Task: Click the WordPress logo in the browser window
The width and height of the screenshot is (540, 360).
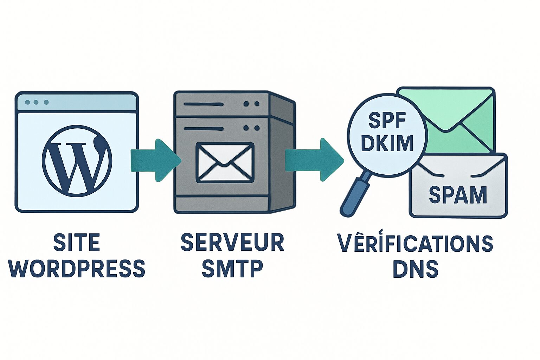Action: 77,160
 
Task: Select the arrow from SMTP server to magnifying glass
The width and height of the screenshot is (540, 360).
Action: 314,160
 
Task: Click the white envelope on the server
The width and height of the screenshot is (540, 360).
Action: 225,162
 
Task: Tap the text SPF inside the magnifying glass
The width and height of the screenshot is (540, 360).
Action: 387,121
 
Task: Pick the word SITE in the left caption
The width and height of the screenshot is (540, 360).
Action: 77,243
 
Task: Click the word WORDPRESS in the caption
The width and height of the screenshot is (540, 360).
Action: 77,269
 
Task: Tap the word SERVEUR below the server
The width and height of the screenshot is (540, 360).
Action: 232,242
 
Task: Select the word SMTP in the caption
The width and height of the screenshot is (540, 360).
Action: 232,269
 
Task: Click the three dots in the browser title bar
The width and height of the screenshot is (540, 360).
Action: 36,102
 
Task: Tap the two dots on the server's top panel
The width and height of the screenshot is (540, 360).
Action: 251,104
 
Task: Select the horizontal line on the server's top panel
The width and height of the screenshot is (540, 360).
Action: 204,104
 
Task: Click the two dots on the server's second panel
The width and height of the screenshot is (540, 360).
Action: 251,128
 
